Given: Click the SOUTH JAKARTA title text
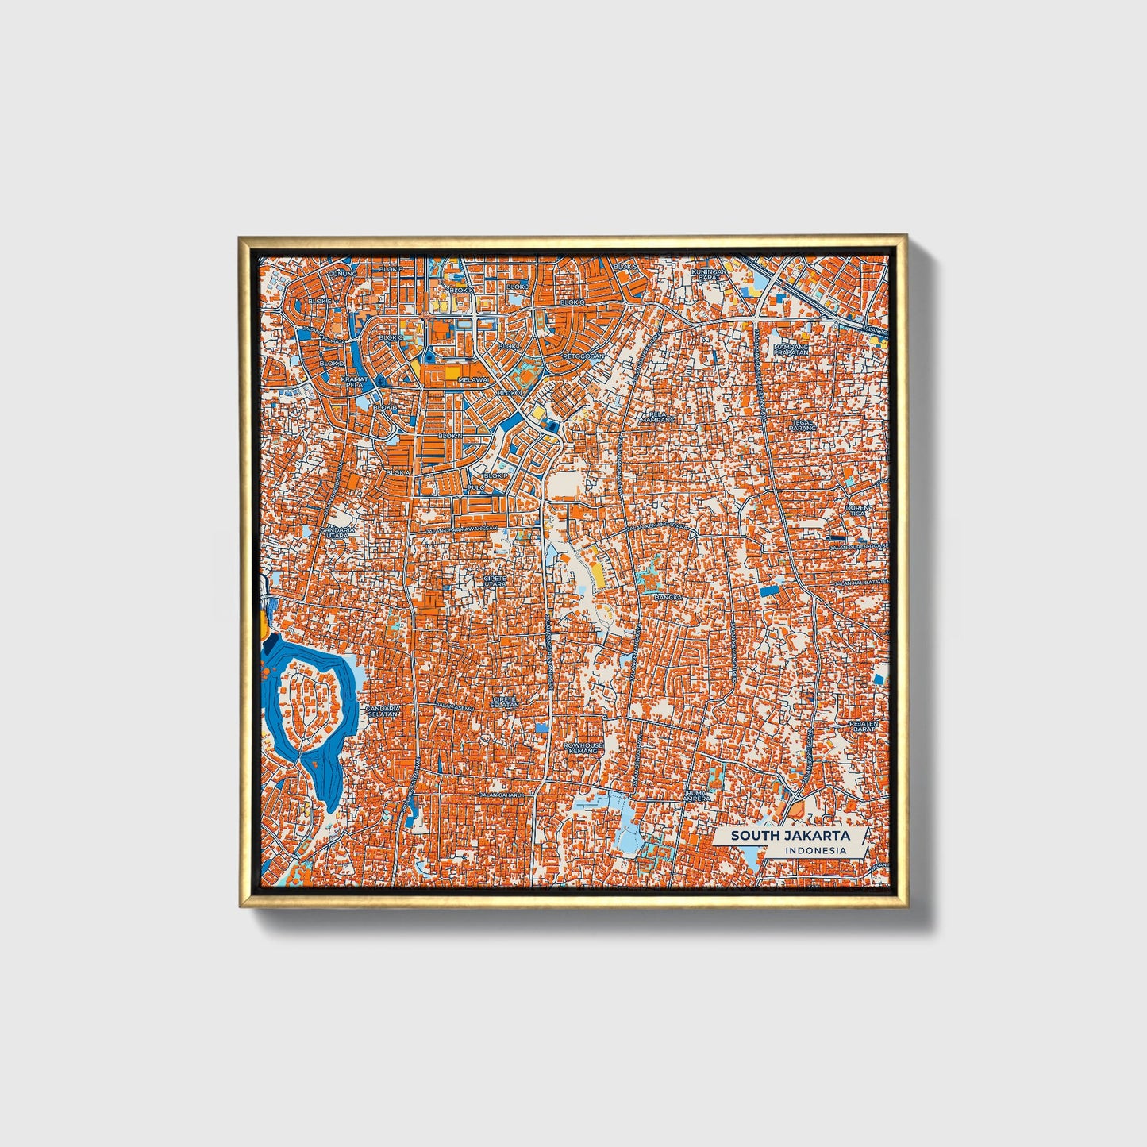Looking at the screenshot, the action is pyautogui.click(x=790, y=836).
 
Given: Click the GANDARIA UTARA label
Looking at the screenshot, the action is pyautogui.click(x=337, y=533).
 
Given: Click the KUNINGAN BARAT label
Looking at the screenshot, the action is pyautogui.click(x=708, y=275).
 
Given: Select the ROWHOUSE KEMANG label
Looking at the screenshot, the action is pyautogui.click(x=583, y=749).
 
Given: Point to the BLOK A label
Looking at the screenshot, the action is pyautogui.click(x=398, y=472).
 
